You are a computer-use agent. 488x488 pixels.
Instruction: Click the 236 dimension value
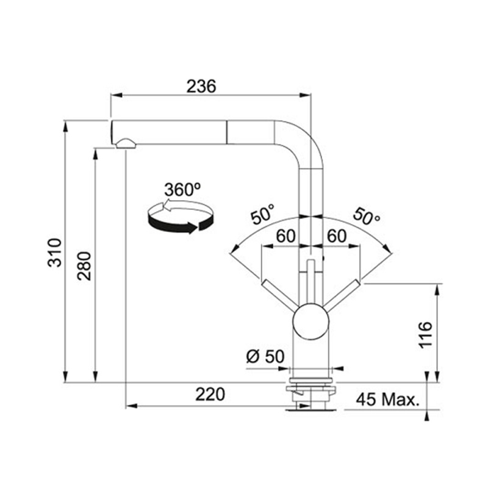[201, 86]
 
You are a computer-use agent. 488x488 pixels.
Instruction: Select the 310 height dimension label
[55, 253]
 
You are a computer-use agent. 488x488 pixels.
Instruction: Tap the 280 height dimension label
[84, 266]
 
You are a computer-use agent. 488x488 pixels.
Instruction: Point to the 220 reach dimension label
[210, 394]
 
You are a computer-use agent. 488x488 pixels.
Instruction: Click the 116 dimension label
[425, 334]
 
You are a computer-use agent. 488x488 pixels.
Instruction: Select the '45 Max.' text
[387, 400]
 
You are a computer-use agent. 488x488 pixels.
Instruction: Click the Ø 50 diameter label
[265, 356]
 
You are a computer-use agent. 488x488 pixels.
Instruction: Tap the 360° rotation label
[182, 189]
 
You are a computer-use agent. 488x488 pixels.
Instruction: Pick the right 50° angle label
[367, 215]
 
